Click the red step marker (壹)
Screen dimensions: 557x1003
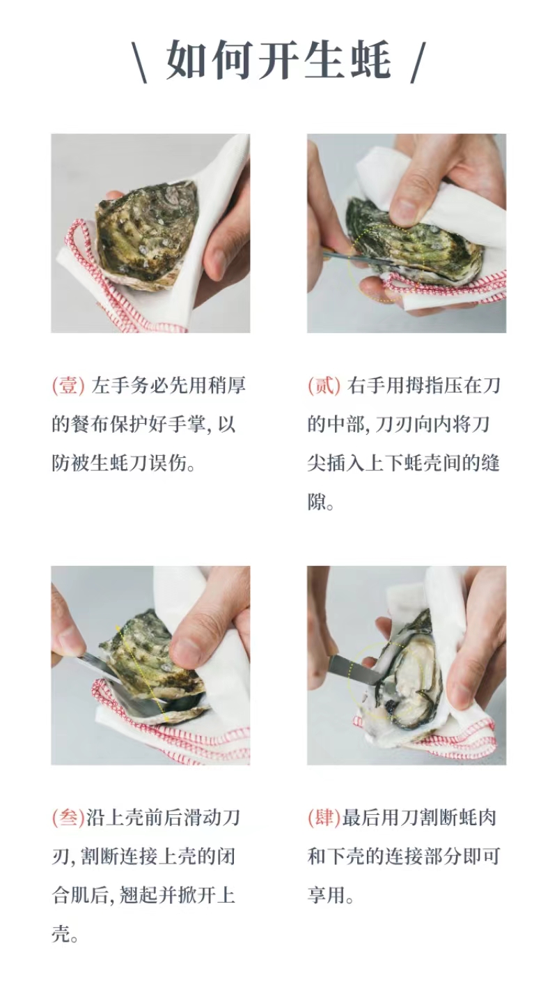pos(68,385)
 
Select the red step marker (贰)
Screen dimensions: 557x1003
pos(324,385)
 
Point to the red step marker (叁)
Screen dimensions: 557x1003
pos(68,818)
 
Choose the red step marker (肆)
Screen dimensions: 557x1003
pos(324,818)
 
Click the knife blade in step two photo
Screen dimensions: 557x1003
pos(354,257)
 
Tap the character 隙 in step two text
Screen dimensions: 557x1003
pos(317,503)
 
